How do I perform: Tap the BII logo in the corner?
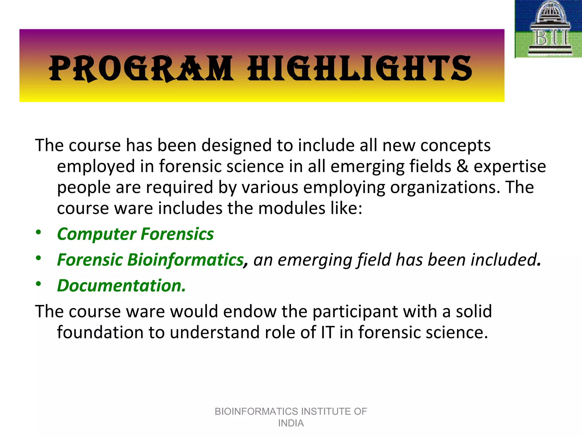(x=548, y=29)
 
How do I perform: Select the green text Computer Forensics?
(x=135, y=234)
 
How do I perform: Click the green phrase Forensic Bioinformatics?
(x=150, y=260)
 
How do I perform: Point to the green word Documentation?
(x=121, y=286)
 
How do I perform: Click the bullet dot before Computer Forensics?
(x=39, y=232)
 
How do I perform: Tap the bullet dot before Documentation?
(x=39, y=284)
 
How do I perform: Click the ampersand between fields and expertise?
(x=462, y=166)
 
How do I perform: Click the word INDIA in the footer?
(x=291, y=423)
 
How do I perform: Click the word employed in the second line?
(x=96, y=167)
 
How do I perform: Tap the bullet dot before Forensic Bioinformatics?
(x=39, y=258)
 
